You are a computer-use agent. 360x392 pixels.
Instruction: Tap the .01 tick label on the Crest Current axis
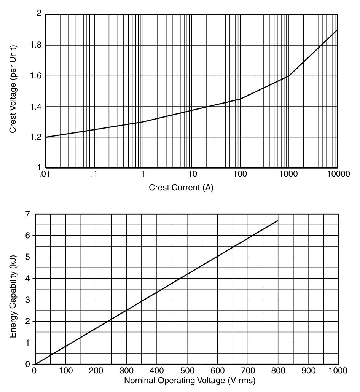tap(45, 175)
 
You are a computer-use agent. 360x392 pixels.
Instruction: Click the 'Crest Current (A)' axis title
tap(181, 188)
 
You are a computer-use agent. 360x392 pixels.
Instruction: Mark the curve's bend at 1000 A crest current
tap(289, 76)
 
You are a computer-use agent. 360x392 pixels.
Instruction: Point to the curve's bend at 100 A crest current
tap(240, 99)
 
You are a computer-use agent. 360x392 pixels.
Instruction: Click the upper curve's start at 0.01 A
tap(46, 137)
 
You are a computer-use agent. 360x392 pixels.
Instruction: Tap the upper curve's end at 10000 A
tap(337, 30)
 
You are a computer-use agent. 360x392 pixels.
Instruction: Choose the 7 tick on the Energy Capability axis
tap(27, 214)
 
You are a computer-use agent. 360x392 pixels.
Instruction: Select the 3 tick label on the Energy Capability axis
tap(27, 300)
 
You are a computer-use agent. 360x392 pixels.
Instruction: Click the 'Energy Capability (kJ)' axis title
tap(13, 289)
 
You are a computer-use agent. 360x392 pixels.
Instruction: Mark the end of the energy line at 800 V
tap(278, 220)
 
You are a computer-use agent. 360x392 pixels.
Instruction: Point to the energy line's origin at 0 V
tap(35, 364)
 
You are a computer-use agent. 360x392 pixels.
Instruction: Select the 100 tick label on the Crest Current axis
tap(240, 175)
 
